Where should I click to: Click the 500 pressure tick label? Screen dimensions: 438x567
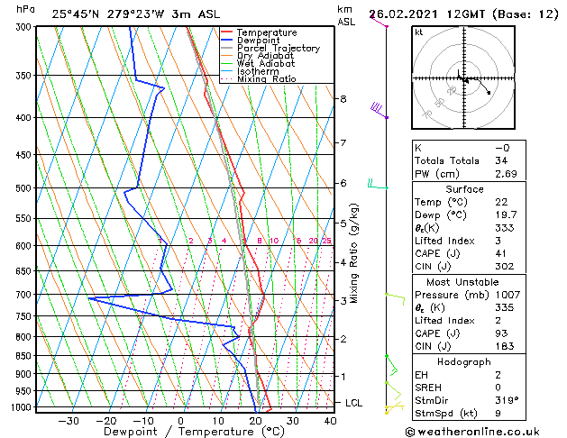pos(22,188)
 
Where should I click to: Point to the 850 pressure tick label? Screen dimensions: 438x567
pos(22,356)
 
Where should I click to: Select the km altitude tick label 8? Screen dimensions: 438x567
pos(343,99)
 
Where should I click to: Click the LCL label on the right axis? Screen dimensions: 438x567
pos(353,403)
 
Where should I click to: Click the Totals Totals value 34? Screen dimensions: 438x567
pos(502,160)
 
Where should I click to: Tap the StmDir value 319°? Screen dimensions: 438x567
pos(508,401)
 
